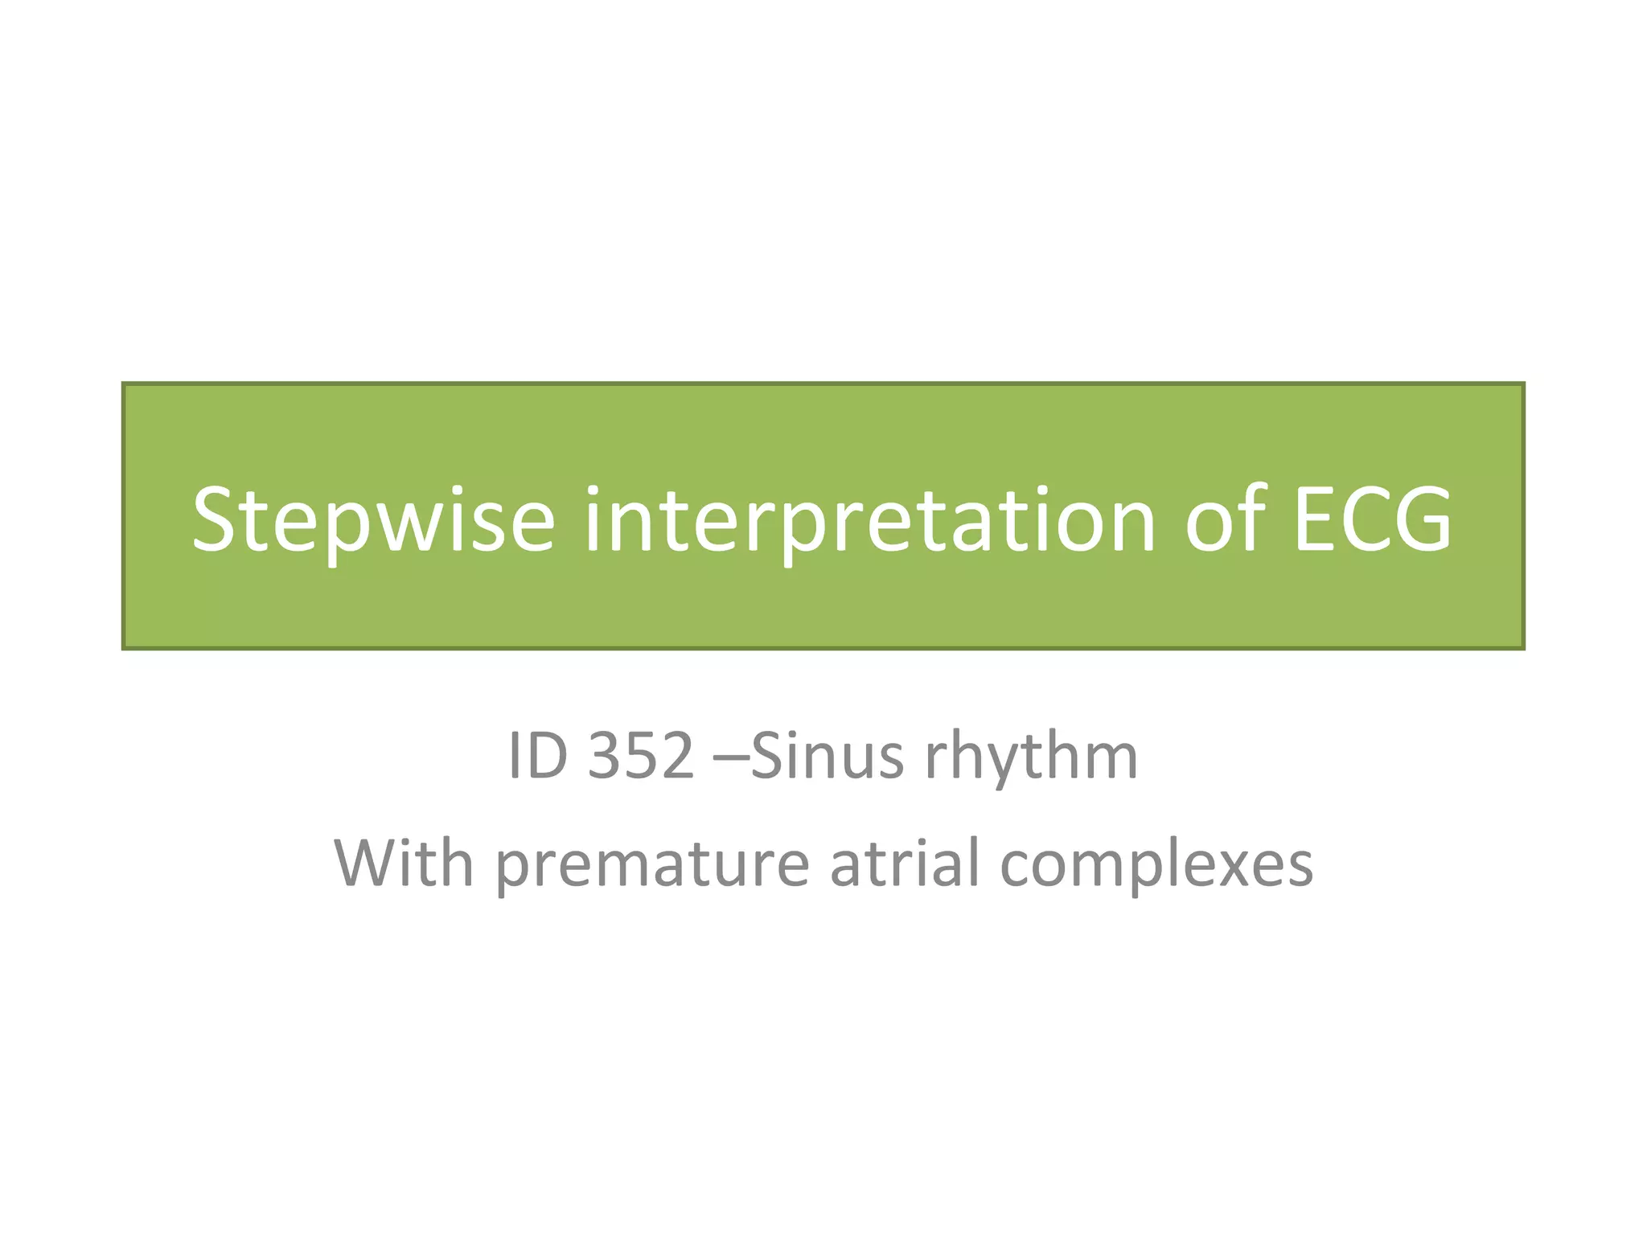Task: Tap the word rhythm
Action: coord(1032,757)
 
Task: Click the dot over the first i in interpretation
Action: coord(593,492)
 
